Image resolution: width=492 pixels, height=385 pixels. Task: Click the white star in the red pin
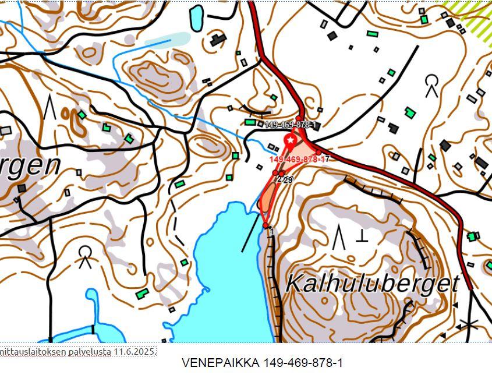pyautogui.click(x=290, y=140)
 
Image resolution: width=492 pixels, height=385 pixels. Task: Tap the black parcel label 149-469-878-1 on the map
pyautogui.click(x=290, y=125)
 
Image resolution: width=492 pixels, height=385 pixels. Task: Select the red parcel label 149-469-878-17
pyautogui.click(x=299, y=159)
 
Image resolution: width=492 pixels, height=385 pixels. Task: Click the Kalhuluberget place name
pyautogui.click(x=373, y=283)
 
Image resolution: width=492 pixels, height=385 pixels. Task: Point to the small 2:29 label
pyautogui.click(x=285, y=180)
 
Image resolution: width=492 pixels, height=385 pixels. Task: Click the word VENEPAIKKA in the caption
pyautogui.click(x=221, y=363)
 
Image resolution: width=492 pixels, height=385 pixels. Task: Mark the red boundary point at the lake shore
pyautogui.click(x=266, y=225)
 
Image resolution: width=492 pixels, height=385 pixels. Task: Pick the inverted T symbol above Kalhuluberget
pyautogui.click(x=362, y=235)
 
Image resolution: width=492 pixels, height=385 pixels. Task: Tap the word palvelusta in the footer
pyautogui.click(x=87, y=352)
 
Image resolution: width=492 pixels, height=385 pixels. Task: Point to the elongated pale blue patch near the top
pyautogui.click(x=167, y=40)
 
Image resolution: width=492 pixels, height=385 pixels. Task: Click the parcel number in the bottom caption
pyautogui.click(x=303, y=363)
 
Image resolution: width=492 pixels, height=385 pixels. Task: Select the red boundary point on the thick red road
pyautogui.click(x=318, y=153)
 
